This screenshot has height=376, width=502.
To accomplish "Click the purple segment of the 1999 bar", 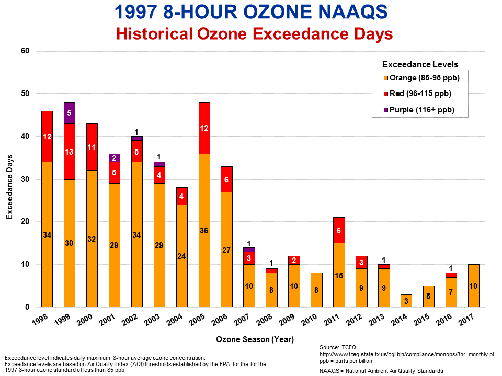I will click(x=70, y=113).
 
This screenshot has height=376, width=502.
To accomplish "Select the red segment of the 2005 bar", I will click(x=204, y=128).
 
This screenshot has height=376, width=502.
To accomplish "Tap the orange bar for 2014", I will click(x=407, y=301).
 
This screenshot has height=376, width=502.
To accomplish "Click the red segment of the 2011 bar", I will click(x=339, y=230).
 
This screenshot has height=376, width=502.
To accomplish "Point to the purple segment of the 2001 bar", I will click(x=115, y=158).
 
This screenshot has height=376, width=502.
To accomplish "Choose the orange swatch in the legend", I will click(x=386, y=78).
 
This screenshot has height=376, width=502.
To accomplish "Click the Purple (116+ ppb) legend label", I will click(x=422, y=109).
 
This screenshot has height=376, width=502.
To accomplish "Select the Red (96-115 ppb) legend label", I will click(x=420, y=93).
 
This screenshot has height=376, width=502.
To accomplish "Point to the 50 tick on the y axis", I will click(x=25, y=93).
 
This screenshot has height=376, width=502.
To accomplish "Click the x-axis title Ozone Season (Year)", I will click(x=255, y=339).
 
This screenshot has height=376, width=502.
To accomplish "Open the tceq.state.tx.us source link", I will click(x=406, y=354).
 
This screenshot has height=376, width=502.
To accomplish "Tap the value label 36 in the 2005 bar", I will click(x=204, y=230).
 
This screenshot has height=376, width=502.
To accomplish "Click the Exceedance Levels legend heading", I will click(x=420, y=64).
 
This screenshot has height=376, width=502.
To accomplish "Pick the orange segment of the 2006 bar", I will click(x=227, y=250).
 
